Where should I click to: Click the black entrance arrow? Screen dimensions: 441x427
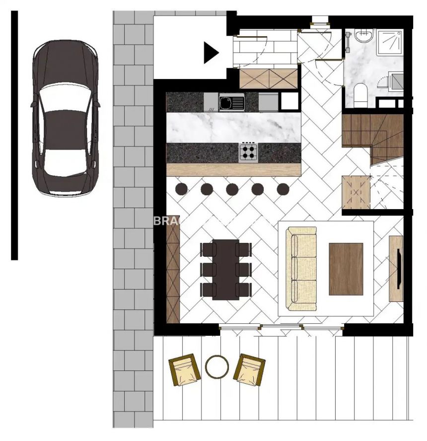point(211,53)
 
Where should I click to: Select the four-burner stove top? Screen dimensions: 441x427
point(248,152)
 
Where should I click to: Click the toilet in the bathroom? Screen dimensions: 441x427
point(361,91)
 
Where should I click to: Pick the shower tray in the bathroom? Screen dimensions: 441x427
point(391,42)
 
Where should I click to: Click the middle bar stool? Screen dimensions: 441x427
point(232,189)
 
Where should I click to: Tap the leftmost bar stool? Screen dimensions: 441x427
point(181,189)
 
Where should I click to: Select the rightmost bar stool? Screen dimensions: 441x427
point(283,189)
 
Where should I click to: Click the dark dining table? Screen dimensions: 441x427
point(226,270)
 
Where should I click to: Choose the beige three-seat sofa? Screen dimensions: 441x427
point(302,269)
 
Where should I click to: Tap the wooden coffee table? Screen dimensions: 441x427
point(346,269)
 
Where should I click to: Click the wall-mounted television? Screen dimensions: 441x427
point(398,268)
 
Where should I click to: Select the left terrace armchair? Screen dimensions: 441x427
point(184,370)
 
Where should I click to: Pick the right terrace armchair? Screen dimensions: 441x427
point(250,370)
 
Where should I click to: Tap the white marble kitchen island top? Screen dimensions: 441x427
point(234,128)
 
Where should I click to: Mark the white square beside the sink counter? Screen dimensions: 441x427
point(289,101)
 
